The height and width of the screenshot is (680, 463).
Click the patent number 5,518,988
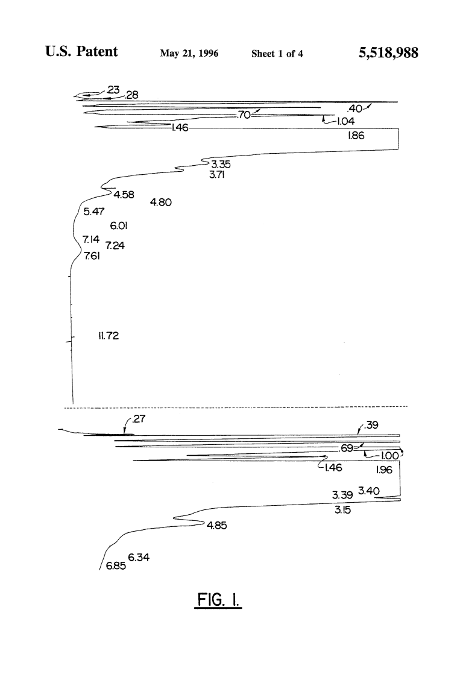[x=388, y=53]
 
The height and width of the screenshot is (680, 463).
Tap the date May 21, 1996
[x=189, y=53]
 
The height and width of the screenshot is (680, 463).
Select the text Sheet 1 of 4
[x=277, y=54]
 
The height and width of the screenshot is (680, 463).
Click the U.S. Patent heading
[x=81, y=51]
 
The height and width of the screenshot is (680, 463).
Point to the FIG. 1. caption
[x=218, y=600]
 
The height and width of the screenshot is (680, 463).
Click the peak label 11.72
[x=109, y=336]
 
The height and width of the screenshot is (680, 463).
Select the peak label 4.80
[x=161, y=202]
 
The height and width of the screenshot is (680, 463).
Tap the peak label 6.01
[x=118, y=225]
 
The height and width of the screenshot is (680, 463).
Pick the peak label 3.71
[x=217, y=175]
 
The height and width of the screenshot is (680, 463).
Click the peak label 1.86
[x=356, y=136]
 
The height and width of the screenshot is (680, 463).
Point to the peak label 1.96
[x=384, y=470]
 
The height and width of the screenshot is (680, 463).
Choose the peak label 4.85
[x=217, y=525]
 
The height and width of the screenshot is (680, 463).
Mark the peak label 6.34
[x=139, y=557]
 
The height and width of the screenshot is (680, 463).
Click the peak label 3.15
[x=342, y=510]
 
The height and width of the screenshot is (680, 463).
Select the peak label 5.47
[x=94, y=211]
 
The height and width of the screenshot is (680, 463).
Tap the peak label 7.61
[x=92, y=256]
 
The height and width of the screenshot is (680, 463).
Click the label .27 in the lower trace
[x=139, y=419]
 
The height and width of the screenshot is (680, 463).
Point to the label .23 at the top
[x=113, y=90]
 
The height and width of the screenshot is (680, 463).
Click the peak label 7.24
[x=115, y=245]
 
